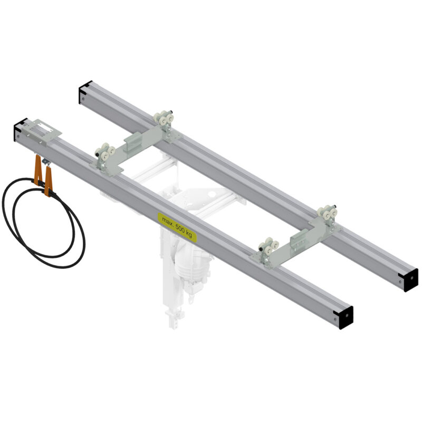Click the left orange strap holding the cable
click(37, 170)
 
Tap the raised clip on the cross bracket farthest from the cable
click(299, 240)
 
